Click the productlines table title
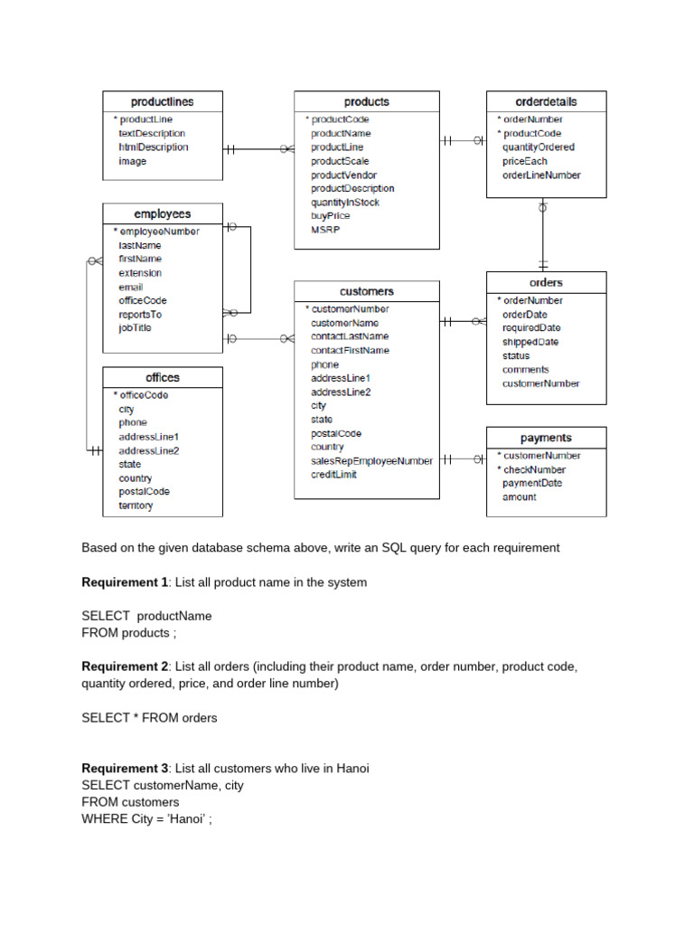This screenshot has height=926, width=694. pyautogui.click(x=162, y=102)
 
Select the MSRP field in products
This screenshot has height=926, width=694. pyautogui.click(x=324, y=230)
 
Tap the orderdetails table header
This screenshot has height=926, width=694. pyautogui.click(x=546, y=102)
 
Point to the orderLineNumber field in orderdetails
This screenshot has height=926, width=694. pyautogui.click(x=541, y=175)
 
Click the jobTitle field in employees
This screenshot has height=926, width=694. pyautogui.click(x=135, y=328)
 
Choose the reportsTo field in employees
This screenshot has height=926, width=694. pyautogui.click(x=140, y=315)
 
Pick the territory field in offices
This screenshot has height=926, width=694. pyautogui.click(x=136, y=506)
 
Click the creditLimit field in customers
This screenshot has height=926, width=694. pyautogui.click(x=333, y=475)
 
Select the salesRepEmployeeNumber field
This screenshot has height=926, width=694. pyautogui.click(x=371, y=461)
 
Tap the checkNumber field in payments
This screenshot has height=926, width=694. pyautogui.click(x=534, y=469)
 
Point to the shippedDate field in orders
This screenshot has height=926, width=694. pyautogui.click(x=530, y=342)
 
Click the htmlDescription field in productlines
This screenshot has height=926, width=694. pyautogui.click(x=153, y=147)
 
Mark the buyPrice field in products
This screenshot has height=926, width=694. pyautogui.click(x=330, y=216)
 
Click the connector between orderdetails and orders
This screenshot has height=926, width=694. pyautogui.click(x=543, y=234)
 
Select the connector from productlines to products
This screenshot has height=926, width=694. pyautogui.click(x=258, y=150)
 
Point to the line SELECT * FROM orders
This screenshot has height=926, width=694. pyautogui.click(x=149, y=718)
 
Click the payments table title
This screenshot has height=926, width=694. pyautogui.click(x=546, y=438)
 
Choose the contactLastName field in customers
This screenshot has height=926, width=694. pyautogui.click(x=350, y=336)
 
